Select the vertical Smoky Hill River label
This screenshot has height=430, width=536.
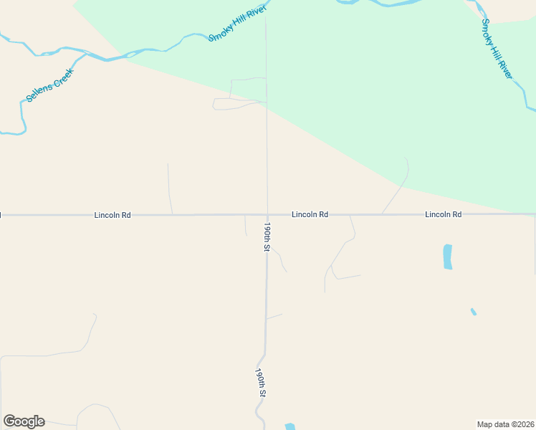pyautogui.click(x=497, y=49)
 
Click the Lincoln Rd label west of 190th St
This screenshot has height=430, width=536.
pyautogui.click(x=113, y=215)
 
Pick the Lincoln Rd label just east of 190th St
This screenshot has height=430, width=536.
pyautogui.click(x=310, y=214)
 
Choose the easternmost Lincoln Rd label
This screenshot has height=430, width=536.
pyautogui.click(x=443, y=214)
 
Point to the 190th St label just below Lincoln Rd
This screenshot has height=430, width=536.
pyautogui.click(x=266, y=236)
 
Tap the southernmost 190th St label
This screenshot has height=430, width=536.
pyautogui.click(x=261, y=383)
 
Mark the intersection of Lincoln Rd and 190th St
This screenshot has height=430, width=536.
pyautogui.click(x=267, y=214)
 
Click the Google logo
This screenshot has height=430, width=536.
pyautogui.click(x=24, y=421)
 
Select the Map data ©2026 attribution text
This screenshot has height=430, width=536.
pyautogui.click(x=505, y=424)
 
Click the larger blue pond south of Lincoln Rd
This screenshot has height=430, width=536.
pyautogui.click(x=448, y=257)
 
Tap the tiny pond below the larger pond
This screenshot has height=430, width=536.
pyautogui.click(x=473, y=312)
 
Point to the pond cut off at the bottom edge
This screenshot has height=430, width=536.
pyautogui.click(x=289, y=426)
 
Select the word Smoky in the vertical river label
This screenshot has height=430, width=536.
pyautogui.click(x=488, y=32)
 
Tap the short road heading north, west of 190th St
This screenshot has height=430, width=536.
pyautogui.click(x=169, y=188)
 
